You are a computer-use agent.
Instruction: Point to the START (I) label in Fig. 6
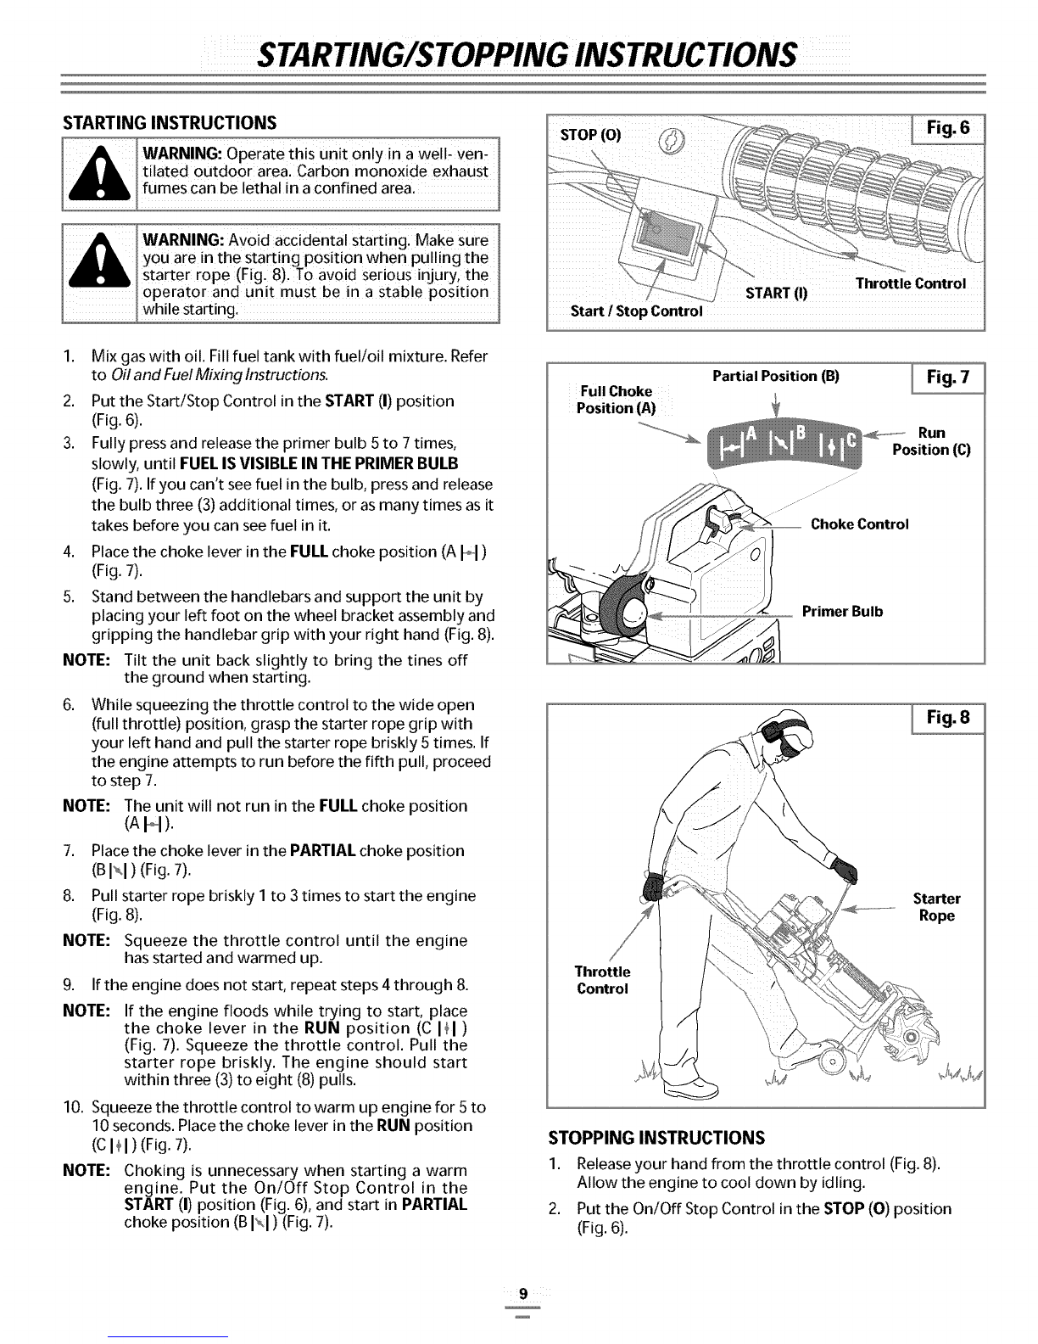776,294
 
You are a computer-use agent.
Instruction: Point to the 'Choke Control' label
859,524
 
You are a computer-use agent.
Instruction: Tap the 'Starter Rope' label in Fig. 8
935,907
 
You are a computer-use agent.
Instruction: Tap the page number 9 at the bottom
522,1294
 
